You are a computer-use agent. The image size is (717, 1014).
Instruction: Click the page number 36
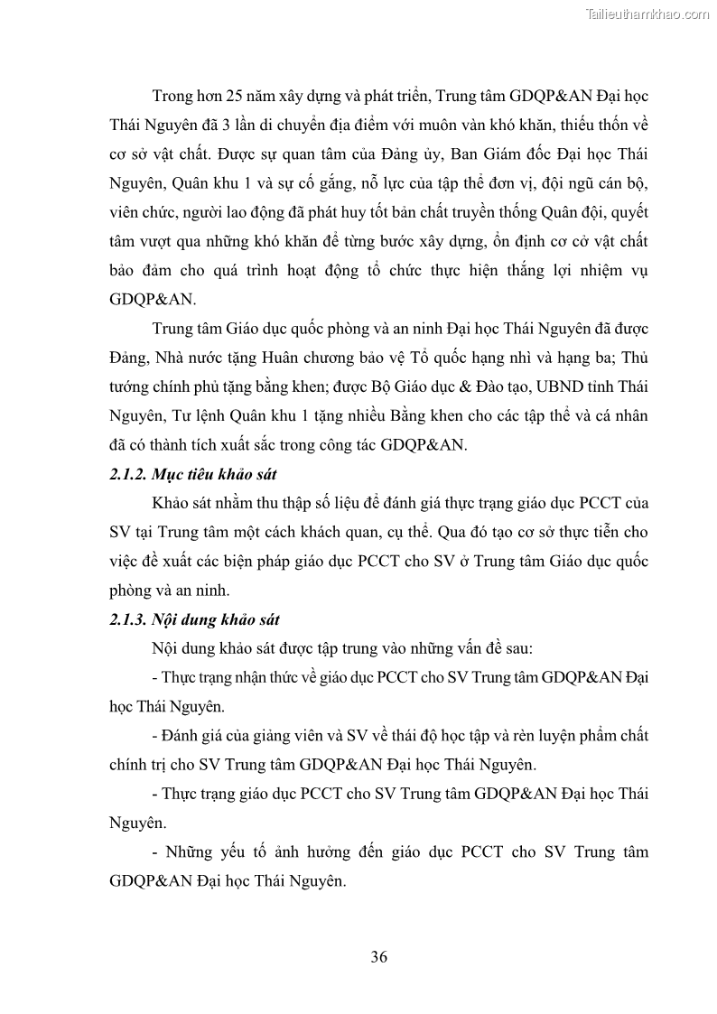pos(379,957)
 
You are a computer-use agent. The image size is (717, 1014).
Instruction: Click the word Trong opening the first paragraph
pos(174,95)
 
